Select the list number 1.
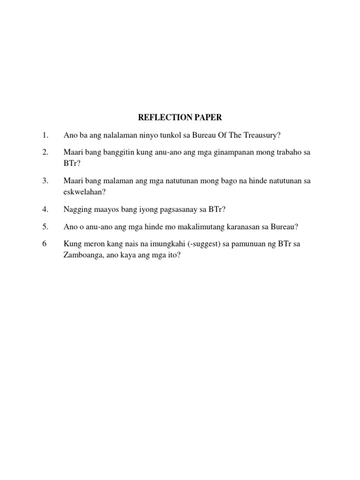(x=45, y=135)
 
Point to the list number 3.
(x=45, y=180)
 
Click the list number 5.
(x=45, y=226)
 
